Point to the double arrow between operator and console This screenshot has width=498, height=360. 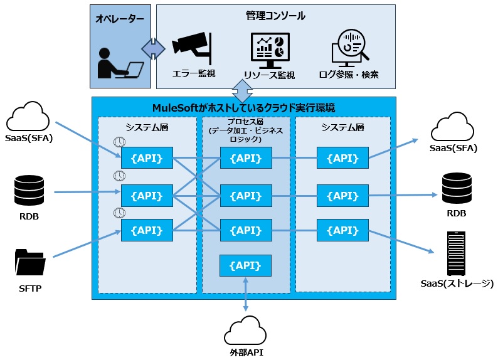pyautogui.click(x=153, y=48)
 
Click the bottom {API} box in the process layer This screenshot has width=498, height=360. pyautogui.click(x=245, y=266)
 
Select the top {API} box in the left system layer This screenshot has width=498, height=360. pyautogui.click(x=146, y=158)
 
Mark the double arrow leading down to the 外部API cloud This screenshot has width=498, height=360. pyautogui.click(x=245, y=295)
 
